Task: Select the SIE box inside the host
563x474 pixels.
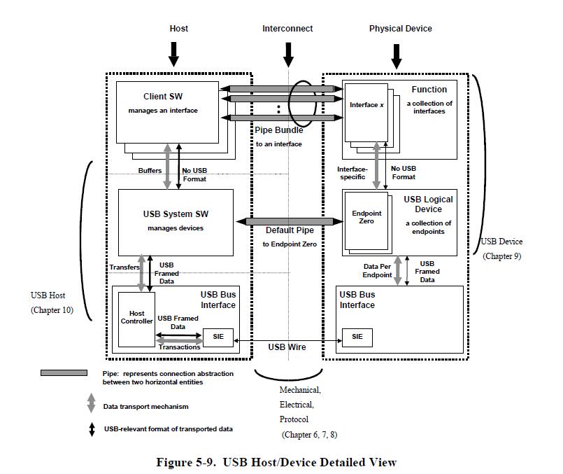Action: coord(218,337)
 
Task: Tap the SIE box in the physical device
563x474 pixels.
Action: coord(357,337)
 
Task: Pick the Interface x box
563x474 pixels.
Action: coord(367,112)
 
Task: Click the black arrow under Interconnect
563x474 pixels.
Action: coord(287,54)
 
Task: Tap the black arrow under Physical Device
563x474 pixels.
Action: coord(397,56)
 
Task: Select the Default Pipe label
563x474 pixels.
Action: coord(290,230)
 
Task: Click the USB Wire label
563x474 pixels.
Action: coord(287,347)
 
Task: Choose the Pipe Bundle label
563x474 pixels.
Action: coord(278,130)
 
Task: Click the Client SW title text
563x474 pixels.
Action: coord(164,97)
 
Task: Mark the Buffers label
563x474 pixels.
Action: coord(149,170)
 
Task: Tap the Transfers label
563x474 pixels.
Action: coord(124,267)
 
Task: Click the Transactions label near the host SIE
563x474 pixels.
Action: coord(179,347)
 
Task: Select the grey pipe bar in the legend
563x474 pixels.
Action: coord(64,373)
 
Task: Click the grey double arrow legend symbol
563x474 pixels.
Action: coord(91,404)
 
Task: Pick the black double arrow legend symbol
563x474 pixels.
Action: coord(91,429)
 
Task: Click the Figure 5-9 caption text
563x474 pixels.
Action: coord(276,462)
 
